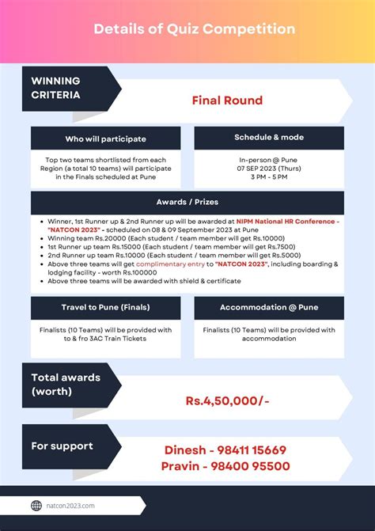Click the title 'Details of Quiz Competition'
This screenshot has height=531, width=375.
194,29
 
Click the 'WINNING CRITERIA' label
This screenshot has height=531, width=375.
55,88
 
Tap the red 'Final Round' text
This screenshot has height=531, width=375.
226,101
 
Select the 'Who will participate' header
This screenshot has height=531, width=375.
105,138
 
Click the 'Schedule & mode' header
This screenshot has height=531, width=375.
268,138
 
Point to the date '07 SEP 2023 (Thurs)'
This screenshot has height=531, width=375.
268,169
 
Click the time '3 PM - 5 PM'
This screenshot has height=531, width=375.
268,177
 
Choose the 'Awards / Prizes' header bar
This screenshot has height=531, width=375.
187,203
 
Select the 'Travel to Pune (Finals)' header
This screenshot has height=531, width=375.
105,307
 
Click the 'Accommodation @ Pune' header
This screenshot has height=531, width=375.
268,307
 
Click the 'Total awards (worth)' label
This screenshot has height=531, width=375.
66,385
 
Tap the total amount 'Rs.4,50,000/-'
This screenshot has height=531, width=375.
227,401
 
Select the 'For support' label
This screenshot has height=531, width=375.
62,446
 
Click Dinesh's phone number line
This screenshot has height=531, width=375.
225,450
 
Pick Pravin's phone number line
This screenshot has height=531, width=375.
225,466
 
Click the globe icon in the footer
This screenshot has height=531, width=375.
36,506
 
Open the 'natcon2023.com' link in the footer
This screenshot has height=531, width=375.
71,506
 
